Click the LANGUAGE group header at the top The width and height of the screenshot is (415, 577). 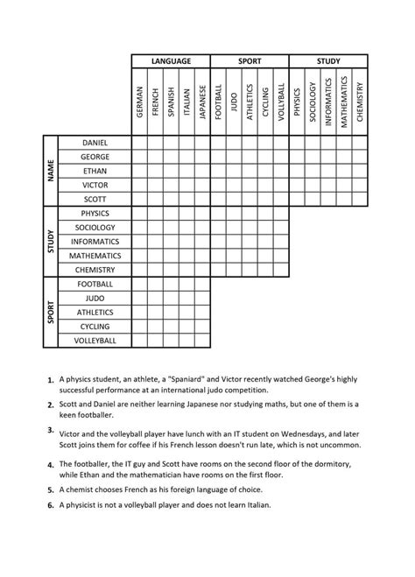click(171, 61)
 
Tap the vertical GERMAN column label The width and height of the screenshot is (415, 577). click(140, 102)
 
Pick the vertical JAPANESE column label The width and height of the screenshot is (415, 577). click(202, 102)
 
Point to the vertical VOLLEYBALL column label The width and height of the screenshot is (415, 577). click(281, 102)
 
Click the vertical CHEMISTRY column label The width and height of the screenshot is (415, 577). click(360, 102)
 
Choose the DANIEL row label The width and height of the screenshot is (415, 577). click(95, 143)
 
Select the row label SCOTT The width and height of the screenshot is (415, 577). click(95, 199)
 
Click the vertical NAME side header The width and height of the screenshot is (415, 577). click(52, 171)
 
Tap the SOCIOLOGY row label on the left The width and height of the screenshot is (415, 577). click(95, 227)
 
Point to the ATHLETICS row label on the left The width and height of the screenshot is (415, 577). click(95, 312)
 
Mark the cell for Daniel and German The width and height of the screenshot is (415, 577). click(140, 143)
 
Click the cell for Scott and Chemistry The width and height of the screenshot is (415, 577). click(360, 199)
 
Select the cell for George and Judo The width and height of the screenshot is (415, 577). click(234, 157)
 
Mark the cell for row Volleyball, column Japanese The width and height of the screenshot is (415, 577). click(202, 340)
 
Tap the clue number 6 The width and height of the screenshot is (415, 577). click(51, 506)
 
